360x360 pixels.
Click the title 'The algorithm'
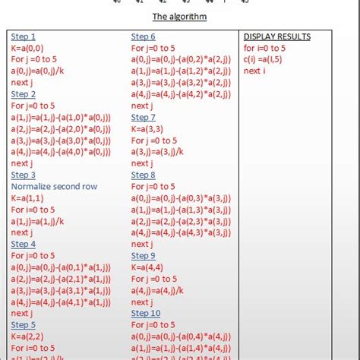point(179,16)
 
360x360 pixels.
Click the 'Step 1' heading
point(24,36)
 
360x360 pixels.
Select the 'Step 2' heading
point(24,94)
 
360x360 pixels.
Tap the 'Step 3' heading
point(24,175)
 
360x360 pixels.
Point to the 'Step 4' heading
point(24,244)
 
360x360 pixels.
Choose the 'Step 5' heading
point(24,324)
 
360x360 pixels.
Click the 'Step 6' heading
point(144,36)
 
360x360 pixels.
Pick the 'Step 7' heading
point(144,117)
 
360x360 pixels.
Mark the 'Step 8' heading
point(144,175)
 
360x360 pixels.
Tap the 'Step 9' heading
point(144,255)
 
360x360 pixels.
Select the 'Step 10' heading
point(146,313)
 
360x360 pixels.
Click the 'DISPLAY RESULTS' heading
point(276,36)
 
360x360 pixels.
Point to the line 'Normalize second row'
point(54,186)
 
